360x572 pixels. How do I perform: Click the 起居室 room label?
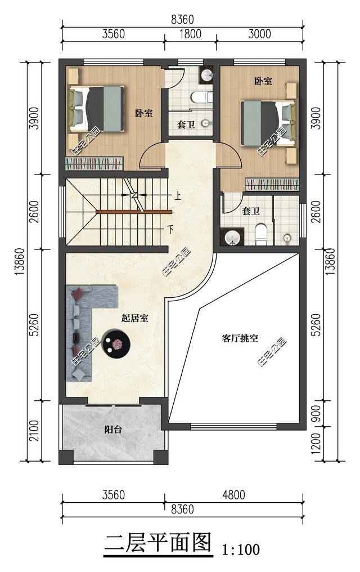pyautogui.click(x=135, y=318)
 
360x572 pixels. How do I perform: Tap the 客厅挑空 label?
pyautogui.click(x=240, y=338)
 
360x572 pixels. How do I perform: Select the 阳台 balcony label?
pyautogui.click(x=113, y=430)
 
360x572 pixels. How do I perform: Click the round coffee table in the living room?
pyautogui.click(x=116, y=343)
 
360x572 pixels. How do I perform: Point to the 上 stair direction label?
pyautogui.click(x=177, y=197)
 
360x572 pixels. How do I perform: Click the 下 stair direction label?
pyautogui.click(x=170, y=229)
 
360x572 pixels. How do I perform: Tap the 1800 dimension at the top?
pyautogui.click(x=191, y=34)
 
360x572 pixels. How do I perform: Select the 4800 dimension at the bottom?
pyautogui.click(x=233, y=495)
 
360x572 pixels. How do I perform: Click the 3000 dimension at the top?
pyautogui.click(x=259, y=34)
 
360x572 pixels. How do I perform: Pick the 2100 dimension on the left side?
pyautogui.click(x=34, y=431)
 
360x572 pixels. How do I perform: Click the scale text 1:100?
pyautogui.click(x=241, y=549)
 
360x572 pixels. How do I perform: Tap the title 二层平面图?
pyautogui.click(x=157, y=543)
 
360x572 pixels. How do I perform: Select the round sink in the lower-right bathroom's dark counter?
pyautogui.click(x=232, y=238)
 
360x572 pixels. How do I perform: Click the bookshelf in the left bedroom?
pyautogui.click(x=94, y=163)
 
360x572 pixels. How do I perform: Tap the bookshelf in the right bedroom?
pyautogui.click(x=272, y=184)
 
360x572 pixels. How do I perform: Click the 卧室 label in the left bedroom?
pyautogui.click(x=144, y=113)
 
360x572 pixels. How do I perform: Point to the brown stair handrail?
pyautogui.click(x=134, y=211)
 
